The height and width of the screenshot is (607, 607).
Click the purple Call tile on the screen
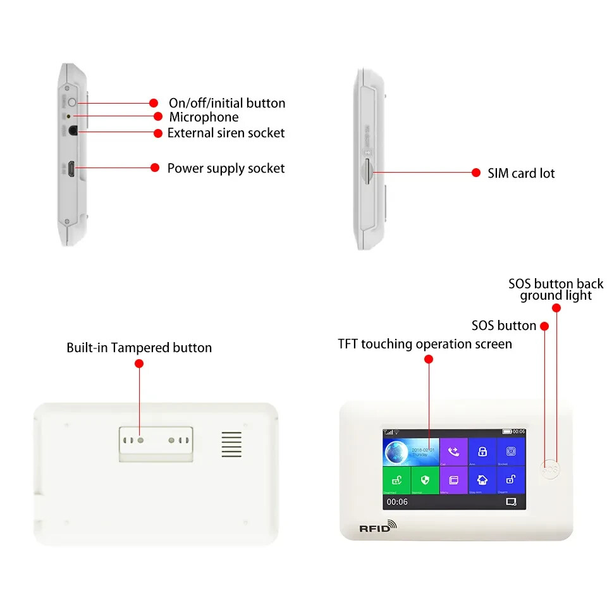[453, 452]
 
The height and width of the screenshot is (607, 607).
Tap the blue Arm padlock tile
[482, 452]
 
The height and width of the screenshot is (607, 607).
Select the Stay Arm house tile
[482, 480]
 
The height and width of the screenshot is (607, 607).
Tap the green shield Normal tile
[425, 480]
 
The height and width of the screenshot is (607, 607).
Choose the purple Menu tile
[453, 480]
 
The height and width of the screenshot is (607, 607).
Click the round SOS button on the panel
[551, 470]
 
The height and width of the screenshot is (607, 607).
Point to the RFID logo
[378, 527]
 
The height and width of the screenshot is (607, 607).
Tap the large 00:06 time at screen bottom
[397, 502]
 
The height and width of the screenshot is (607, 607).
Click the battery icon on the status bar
[507, 431]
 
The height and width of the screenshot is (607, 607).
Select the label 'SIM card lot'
[521, 173]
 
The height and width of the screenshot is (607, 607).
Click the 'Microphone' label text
[204, 117]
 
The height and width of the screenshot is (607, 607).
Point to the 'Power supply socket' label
[226, 168]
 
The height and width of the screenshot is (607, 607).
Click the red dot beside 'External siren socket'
[159, 133]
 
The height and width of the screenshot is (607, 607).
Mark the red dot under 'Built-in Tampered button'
[139, 364]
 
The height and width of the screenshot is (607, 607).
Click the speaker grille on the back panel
[231, 445]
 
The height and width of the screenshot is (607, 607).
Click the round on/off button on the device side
[72, 102]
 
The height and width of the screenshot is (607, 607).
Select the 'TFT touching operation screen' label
[425, 344]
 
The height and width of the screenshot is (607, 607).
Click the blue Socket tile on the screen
[511, 452]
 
